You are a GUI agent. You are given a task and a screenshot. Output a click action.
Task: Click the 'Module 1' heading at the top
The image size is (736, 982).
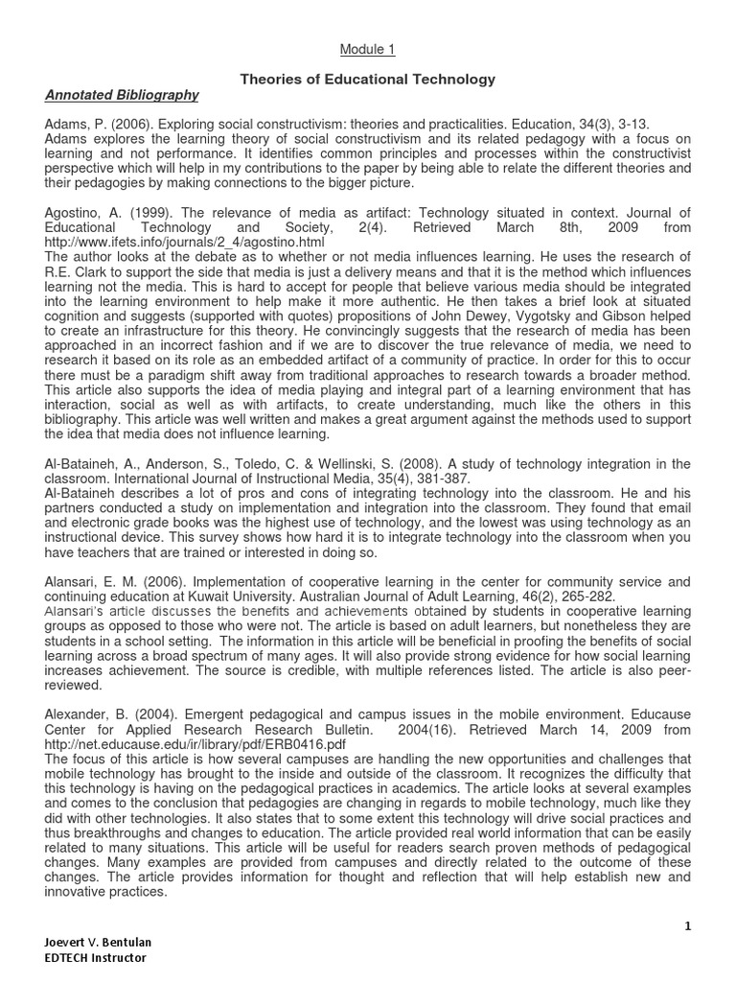pos(368,49)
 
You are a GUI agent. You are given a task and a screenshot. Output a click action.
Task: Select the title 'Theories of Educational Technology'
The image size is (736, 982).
pos(367,80)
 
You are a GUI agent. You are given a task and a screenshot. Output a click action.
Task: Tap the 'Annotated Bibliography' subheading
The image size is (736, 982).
pos(122,95)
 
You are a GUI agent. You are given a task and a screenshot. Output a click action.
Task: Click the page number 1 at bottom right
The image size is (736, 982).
pos(687,925)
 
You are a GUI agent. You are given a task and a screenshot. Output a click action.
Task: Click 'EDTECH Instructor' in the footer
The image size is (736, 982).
pos(96,958)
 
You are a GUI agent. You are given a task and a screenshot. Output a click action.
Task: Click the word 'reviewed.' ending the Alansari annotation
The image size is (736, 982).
pos(76,685)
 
